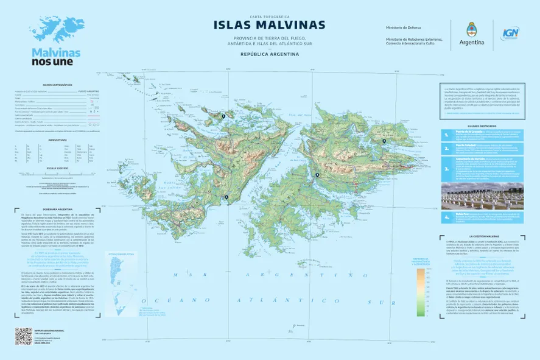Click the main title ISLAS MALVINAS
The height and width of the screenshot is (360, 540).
[269, 25]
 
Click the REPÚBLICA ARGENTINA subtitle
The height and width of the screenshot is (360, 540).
[270, 54]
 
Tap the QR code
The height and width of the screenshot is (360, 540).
[23, 336]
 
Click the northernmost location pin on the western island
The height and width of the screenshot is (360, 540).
[223, 116]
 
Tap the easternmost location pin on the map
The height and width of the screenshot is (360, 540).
[384, 141]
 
